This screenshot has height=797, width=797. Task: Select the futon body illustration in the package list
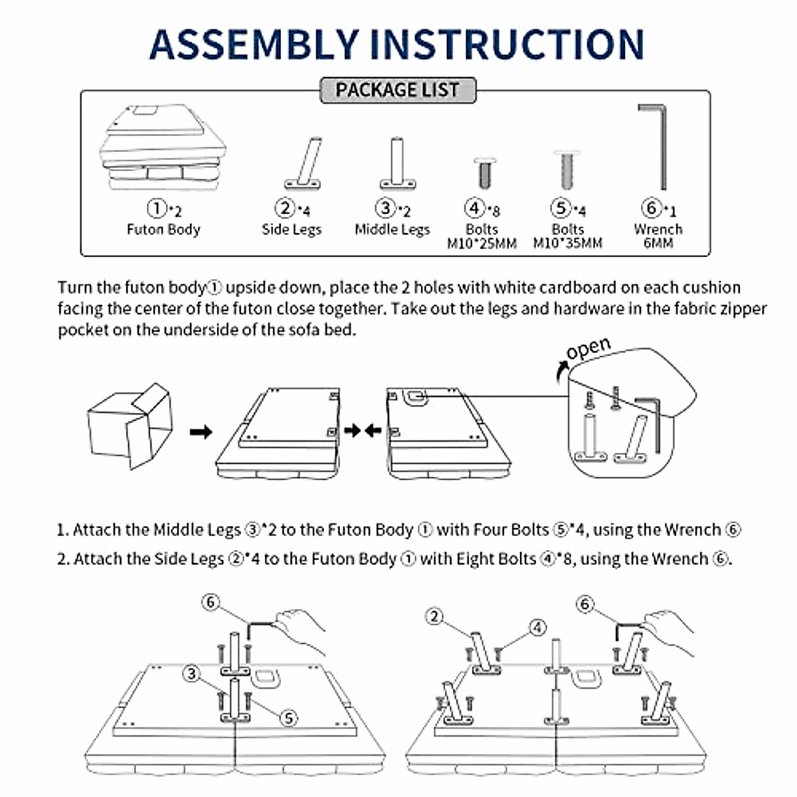162,149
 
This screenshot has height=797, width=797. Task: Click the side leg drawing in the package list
305,163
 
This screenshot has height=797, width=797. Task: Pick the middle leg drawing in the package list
397,163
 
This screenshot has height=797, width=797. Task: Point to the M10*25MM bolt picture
483,172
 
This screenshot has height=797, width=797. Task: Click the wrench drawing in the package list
654,146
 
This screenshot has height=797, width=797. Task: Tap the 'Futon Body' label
163,230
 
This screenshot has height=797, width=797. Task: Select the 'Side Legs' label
292,230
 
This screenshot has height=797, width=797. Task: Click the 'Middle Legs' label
393,230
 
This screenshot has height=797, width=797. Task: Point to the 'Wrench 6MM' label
658,236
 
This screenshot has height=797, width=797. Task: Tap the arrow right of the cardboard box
201,432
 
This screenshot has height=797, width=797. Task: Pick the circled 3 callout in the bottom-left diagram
192,674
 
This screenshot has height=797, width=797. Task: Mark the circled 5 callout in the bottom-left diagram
288,718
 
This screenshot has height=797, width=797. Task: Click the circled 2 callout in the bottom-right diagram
434,617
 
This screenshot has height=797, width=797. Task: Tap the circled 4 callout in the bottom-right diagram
537,628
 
